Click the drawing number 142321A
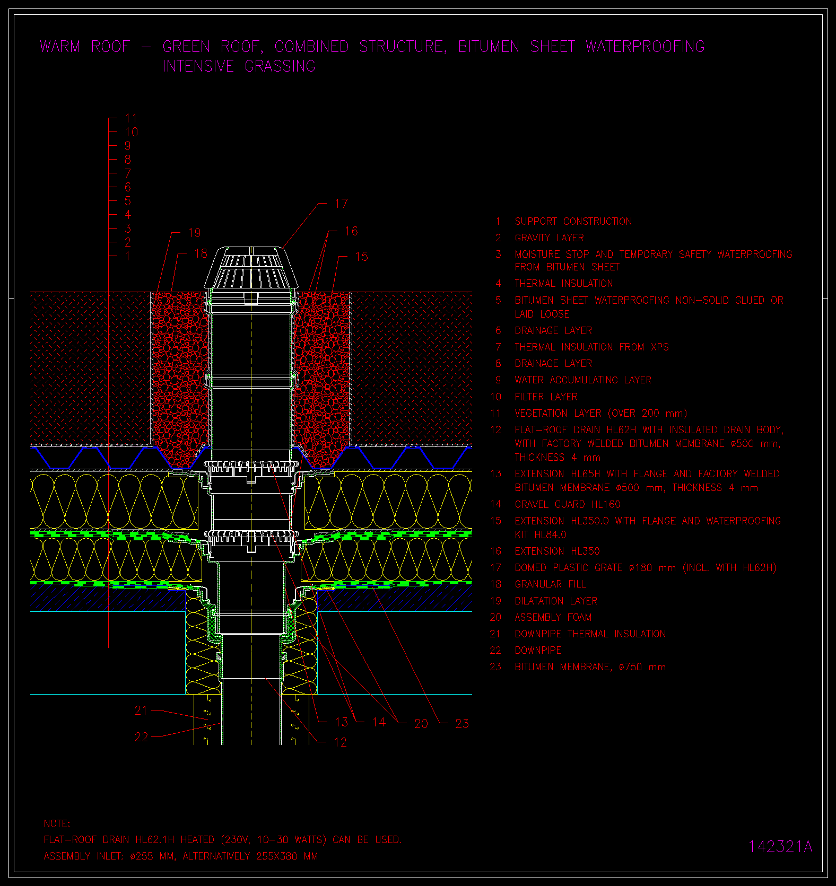pyautogui.click(x=780, y=846)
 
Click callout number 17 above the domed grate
pyautogui.click(x=341, y=204)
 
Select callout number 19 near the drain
pyautogui.click(x=195, y=233)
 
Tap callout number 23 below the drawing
pyautogui.click(x=462, y=724)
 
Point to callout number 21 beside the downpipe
pyautogui.click(x=141, y=710)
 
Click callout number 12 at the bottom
pyautogui.click(x=341, y=742)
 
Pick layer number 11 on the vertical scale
pyautogui.click(x=131, y=118)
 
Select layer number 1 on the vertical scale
pyautogui.click(x=128, y=256)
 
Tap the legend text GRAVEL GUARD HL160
pyautogui.click(x=567, y=504)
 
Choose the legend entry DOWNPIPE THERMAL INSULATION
pyautogui.click(x=590, y=634)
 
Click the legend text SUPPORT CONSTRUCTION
pyautogui.click(x=573, y=221)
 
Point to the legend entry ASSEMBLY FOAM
pyautogui.click(x=553, y=617)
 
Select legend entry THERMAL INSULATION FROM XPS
pyautogui.click(x=591, y=347)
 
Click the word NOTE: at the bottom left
pyautogui.click(x=57, y=823)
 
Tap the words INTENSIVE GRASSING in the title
pyautogui.click(x=239, y=66)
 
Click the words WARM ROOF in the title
pyautogui.click(x=85, y=47)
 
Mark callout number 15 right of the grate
pyautogui.click(x=361, y=257)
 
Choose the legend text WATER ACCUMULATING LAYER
pyautogui.click(x=583, y=380)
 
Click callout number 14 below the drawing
pyautogui.click(x=379, y=722)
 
